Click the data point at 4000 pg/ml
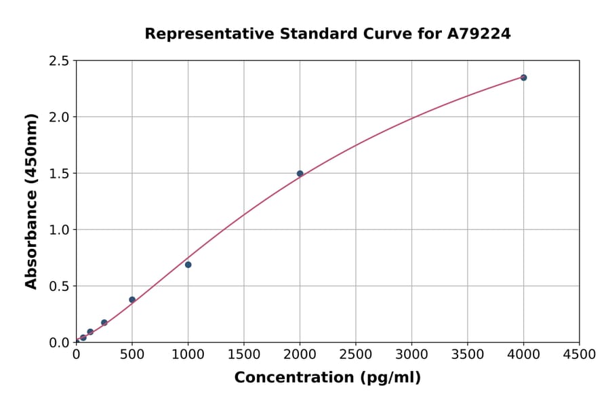(523, 77)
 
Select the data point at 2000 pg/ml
(300, 174)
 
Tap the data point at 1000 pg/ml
(188, 265)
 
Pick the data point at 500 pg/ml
(132, 299)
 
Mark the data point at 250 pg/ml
(104, 323)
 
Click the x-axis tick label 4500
(579, 355)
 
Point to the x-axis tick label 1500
(244, 355)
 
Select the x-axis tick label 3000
(411, 355)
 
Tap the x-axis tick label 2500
(356, 355)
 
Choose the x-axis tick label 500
(132, 355)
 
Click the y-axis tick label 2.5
(59, 61)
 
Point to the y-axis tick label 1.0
(59, 230)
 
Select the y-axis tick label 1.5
(59, 174)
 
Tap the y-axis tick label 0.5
(59, 286)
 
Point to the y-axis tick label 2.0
(59, 117)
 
